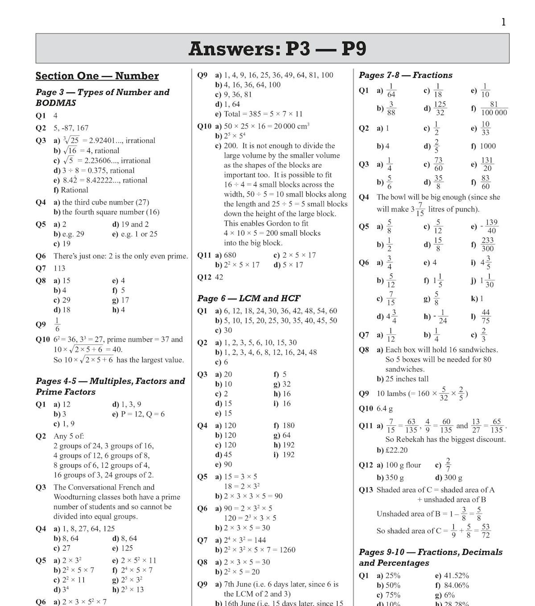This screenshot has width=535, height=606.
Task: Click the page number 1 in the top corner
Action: (503, 22)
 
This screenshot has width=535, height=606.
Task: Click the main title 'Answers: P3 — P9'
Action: (277, 48)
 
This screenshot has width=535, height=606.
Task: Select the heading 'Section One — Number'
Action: (97, 76)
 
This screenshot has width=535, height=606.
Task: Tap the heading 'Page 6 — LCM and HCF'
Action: (249, 298)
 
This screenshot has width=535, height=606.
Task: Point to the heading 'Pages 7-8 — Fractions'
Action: (405, 75)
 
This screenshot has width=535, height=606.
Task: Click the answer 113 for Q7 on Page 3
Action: (59, 268)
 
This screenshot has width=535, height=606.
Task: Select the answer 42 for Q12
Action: (219, 277)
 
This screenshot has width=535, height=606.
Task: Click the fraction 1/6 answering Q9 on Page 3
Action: (57, 324)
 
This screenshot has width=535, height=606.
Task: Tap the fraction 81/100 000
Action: (494, 108)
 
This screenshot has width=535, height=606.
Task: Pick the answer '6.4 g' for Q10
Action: (385, 408)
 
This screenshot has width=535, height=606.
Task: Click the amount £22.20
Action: (396, 450)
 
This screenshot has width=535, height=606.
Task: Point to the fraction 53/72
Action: (486, 531)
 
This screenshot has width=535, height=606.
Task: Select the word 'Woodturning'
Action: (75, 497)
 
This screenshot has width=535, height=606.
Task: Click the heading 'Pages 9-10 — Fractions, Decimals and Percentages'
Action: (430, 557)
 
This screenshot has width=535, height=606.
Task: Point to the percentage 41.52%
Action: (455, 576)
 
